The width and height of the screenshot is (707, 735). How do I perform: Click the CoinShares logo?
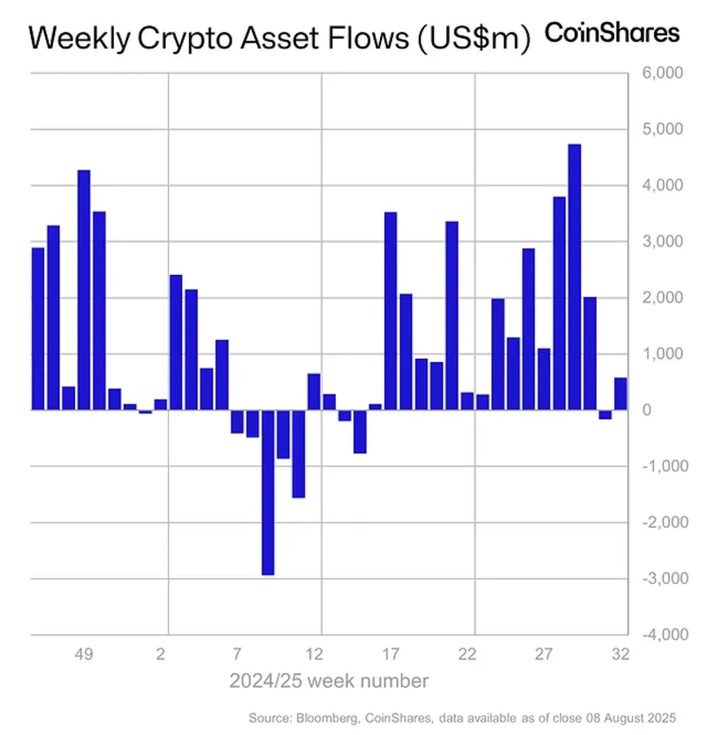pos(612,34)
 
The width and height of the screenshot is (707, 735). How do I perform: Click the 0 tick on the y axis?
pos(673,411)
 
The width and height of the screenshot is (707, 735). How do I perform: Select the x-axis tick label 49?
pos(84,655)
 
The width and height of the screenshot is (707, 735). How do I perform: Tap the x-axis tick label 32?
pos(620,655)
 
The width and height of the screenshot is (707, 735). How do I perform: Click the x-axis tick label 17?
pos(391,655)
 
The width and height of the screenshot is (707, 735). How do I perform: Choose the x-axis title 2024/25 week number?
pos(330,681)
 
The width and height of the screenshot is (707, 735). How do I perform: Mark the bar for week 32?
pos(620,394)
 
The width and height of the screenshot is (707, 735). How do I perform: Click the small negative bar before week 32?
pos(605,414)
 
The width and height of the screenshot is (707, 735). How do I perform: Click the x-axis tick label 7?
pos(237,655)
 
